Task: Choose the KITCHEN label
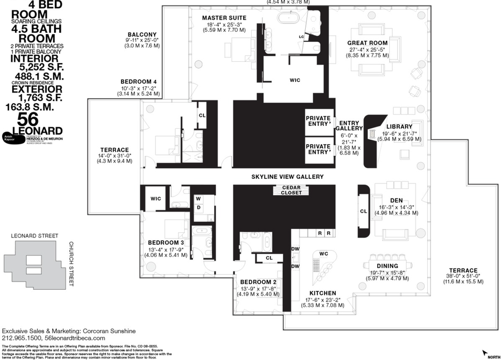click(x=323, y=293)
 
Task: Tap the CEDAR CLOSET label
click(x=291, y=189)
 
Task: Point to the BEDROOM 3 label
click(x=166, y=242)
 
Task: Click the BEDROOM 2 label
click(x=258, y=282)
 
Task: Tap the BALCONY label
click(x=142, y=34)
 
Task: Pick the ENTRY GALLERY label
click(x=349, y=125)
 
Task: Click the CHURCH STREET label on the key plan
click(x=71, y=265)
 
